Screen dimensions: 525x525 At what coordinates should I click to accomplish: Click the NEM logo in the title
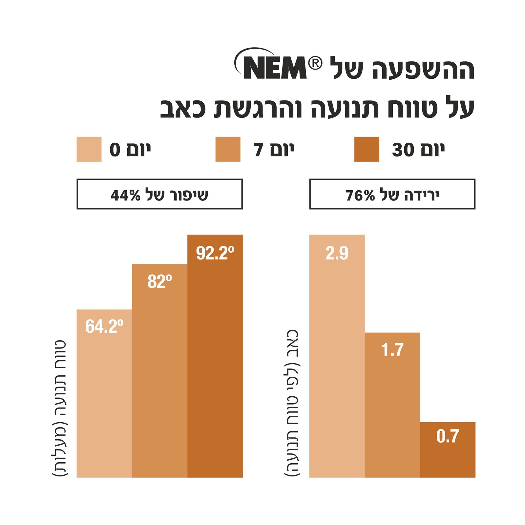[x=275, y=67]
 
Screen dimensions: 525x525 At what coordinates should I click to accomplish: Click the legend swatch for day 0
[x=89, y=149]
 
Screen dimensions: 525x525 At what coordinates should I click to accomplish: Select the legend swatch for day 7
[x=228, y=149]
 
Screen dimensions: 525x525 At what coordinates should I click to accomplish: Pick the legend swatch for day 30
[x=367, y=149]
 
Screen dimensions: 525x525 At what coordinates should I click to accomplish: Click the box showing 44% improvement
[x=159, y=194]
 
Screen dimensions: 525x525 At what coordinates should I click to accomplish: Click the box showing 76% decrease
[x=392, y=194]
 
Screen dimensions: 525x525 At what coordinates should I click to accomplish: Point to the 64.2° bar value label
[x=104, y=326]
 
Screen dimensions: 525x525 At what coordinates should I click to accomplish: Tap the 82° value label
[x=159, y=282]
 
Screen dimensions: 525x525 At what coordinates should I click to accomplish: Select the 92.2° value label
[x=215, y=253]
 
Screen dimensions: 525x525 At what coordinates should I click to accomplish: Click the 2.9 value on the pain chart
[x=337, y=253]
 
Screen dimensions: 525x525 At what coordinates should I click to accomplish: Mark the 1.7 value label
[x=392, y=350]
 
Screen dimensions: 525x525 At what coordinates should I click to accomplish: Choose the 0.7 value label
[x=448, y=436]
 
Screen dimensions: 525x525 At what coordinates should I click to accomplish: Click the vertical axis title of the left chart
[x=60, y=409]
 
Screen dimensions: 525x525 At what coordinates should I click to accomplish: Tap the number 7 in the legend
[x=258, y=150]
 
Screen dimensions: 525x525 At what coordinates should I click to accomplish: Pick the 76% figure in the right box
[x=360, y=195]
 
